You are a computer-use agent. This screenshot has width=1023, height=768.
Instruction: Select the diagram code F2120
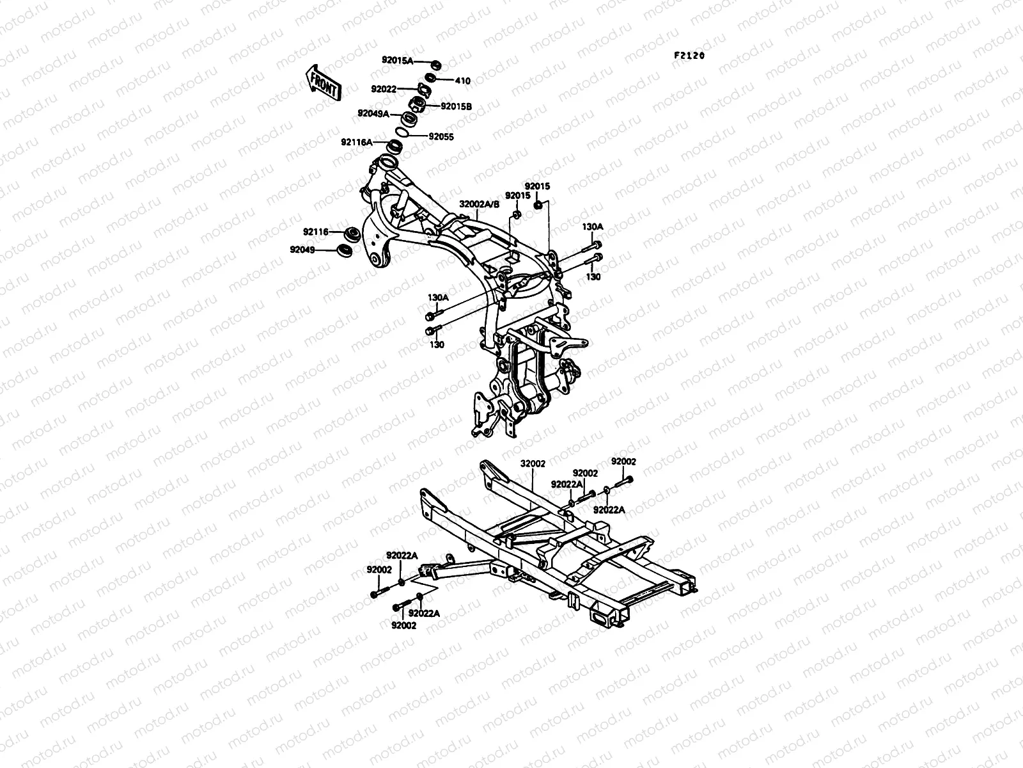pyautogui.click(x=689, y=56)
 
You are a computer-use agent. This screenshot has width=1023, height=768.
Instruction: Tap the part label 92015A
pyautogui.click(x=398, y=61)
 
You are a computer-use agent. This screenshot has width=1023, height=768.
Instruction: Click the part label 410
pyautogui.click(x=462, y=81)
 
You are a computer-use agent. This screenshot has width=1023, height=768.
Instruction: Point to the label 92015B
pyautogui.click(x=457, y=106)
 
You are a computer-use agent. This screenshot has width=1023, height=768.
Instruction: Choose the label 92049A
pyautogui.click(x=373, y=113)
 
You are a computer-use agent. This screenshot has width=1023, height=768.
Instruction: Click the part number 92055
pyautogui.click(x=441, y=136)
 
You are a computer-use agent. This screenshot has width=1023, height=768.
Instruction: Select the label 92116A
pyautogui.click(x=357, y=142)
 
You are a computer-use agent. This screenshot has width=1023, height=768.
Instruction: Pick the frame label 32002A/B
pyautogui.click(x=479, y=204)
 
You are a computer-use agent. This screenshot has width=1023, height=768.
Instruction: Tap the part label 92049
pyautogui.click(x=302, y=250)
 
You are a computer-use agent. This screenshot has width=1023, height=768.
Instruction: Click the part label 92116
pyautogui.click(x=315, y=232)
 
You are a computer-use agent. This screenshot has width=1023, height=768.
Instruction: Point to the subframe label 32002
pyautogui.click(x=533, y=463)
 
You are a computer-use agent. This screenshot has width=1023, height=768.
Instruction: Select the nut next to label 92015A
pyautogui.click(x=436, y=65)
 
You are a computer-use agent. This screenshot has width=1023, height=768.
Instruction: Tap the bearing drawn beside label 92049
pyautogui.click(x=345, y=250)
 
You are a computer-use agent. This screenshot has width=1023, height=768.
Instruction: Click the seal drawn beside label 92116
pyautogui.click(x=352, y=233)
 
